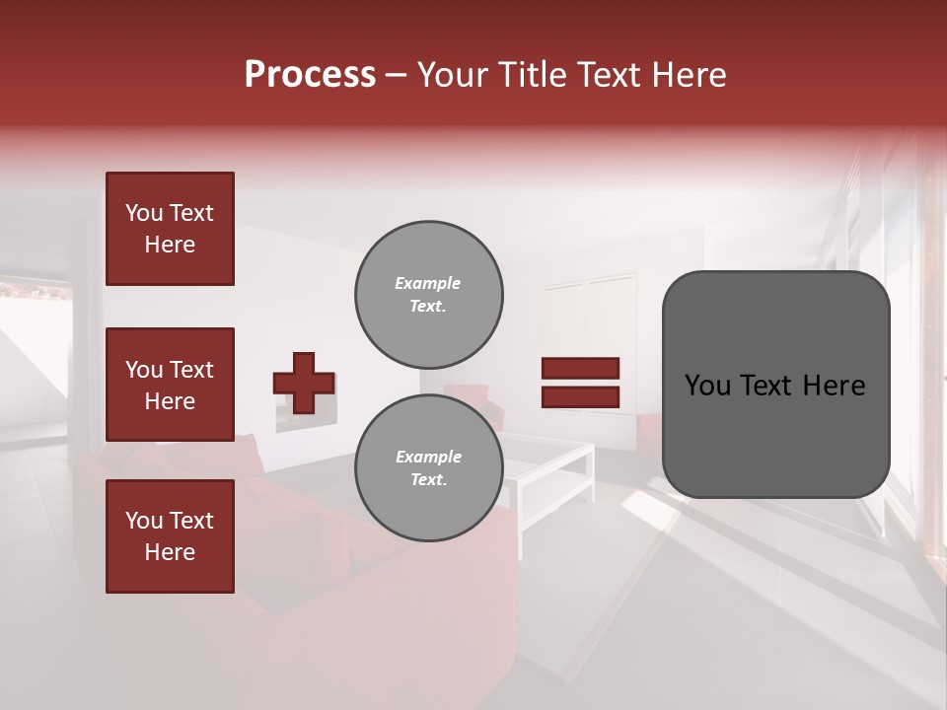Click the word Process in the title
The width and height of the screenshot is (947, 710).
310,75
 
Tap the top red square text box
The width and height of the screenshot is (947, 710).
170,229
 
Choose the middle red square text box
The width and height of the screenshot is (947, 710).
170,385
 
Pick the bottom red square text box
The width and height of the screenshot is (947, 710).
170,536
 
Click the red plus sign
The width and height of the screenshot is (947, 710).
304,383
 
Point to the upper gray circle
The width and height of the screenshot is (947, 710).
428,295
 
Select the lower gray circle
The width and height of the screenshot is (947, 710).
428,468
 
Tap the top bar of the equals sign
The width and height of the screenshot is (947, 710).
580,369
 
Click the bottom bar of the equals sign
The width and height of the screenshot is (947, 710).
580,396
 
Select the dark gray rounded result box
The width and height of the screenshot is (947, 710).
775,385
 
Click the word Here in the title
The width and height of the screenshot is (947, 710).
688,75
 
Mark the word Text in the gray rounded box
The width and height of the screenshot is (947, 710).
775,386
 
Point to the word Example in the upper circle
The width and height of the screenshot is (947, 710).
427,284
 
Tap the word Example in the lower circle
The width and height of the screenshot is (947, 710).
427,458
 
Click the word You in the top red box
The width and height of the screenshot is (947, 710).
143,214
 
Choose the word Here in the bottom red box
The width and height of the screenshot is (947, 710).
170,552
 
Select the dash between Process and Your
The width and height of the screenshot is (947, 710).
396,75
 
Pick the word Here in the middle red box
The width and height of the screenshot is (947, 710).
170,401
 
